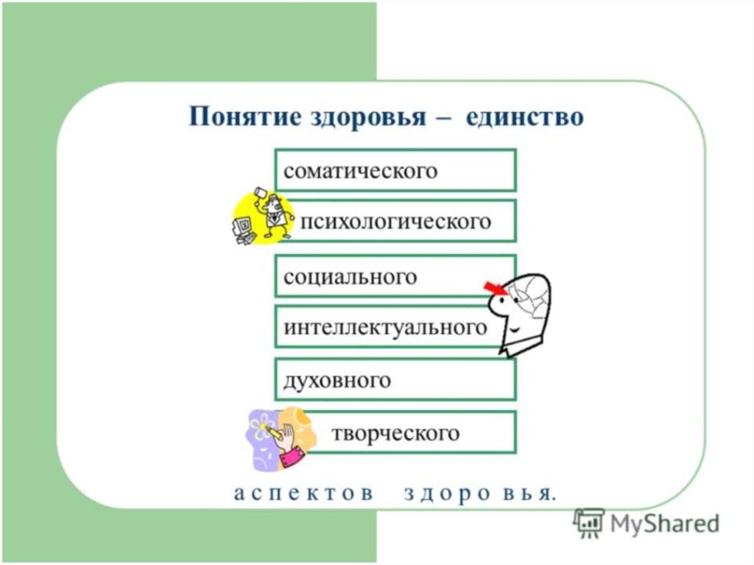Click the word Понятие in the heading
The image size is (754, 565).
244,117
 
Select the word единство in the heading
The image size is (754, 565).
524,117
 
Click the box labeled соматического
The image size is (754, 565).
395,170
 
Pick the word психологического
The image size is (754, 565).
395,222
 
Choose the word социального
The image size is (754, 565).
350,277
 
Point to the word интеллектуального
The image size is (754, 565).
386,328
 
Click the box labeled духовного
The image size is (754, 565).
395,379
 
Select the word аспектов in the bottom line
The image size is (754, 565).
303,494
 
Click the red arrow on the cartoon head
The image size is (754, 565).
495,288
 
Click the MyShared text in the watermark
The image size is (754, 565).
665,524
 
